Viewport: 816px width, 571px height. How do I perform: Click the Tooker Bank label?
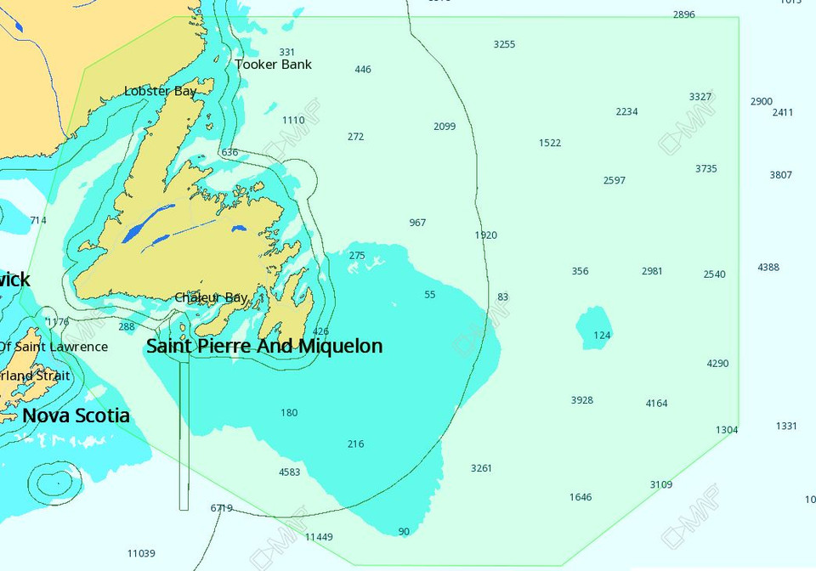coord(274,65)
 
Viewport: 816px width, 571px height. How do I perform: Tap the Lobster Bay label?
coord(160,91)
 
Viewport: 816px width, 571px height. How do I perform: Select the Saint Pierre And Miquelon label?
coord(264,346)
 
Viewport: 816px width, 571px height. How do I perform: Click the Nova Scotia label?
coord(76,416)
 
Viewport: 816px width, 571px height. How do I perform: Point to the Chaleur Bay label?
coord(211,297)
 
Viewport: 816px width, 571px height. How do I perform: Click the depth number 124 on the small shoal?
coord(602,336)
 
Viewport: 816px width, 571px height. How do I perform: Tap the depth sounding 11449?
coord(319,537)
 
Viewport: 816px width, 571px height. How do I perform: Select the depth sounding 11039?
coord(141,554)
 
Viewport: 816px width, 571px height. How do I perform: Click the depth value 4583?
coord(289,472)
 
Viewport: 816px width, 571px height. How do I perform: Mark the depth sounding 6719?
coord(221,508)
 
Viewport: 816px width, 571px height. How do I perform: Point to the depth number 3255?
coord(504,44)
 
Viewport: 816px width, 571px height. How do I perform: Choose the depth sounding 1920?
coord(485,235)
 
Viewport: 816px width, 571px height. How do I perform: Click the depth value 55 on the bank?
coord(429,295)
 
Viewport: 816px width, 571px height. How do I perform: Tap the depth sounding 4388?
coord(768,268)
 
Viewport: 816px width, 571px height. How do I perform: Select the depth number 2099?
coord(444,127)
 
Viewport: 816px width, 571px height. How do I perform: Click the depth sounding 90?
coord(403,532)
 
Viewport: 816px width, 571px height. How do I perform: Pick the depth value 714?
coord(38,221)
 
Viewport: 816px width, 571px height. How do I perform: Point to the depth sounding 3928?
coord(581,400)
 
